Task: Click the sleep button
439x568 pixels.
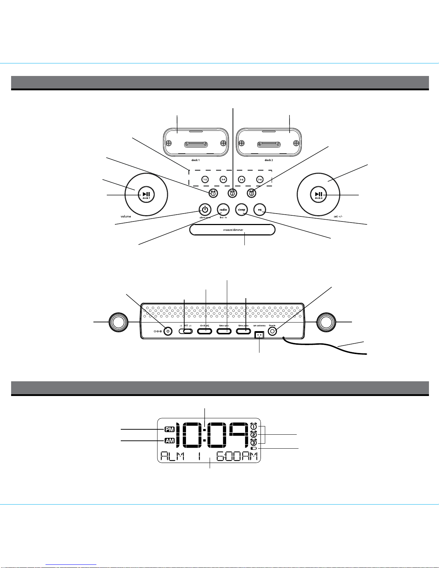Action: (x=242, y=210)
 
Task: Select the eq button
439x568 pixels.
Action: (x=260, y=210)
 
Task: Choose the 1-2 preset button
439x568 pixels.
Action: (x=205, y=179)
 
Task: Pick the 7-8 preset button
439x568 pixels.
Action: (x=260, y=179)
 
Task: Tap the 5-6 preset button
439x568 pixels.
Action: (x=242, y=179)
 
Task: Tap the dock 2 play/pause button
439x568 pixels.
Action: (x=319, y=195)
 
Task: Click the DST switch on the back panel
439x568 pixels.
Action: (x=186, y=331)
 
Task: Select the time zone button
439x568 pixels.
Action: (x=243, y=331)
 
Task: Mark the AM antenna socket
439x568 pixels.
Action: (x=259, y=335)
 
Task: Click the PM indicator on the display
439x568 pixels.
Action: (x=169, y=429)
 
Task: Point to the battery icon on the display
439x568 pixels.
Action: (x=254, y=448)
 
